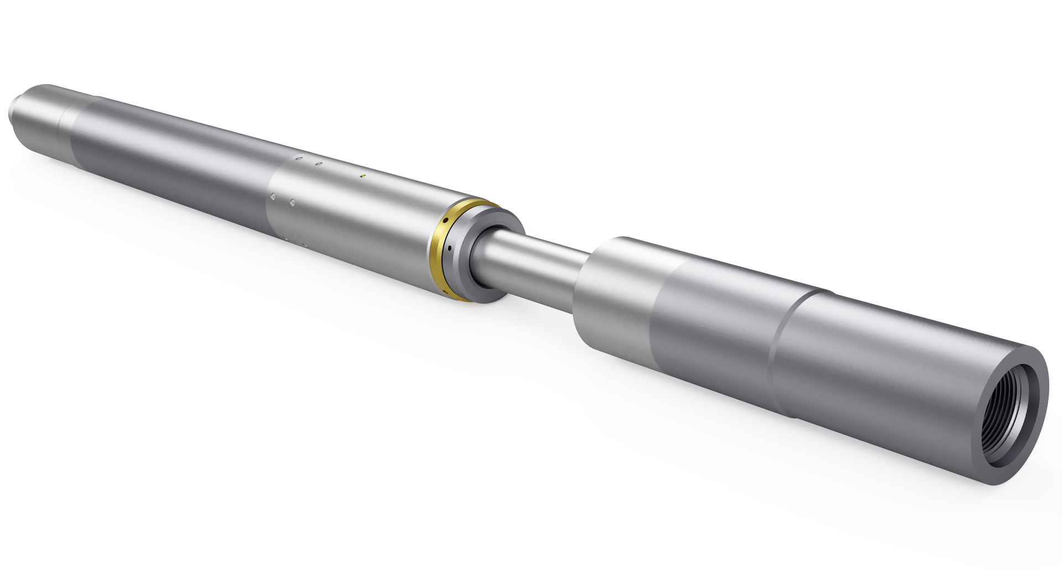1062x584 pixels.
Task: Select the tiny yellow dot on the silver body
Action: pos(362,176)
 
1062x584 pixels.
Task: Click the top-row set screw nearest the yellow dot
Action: pos(319,164)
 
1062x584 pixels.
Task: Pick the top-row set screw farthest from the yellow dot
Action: pos(299,159)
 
